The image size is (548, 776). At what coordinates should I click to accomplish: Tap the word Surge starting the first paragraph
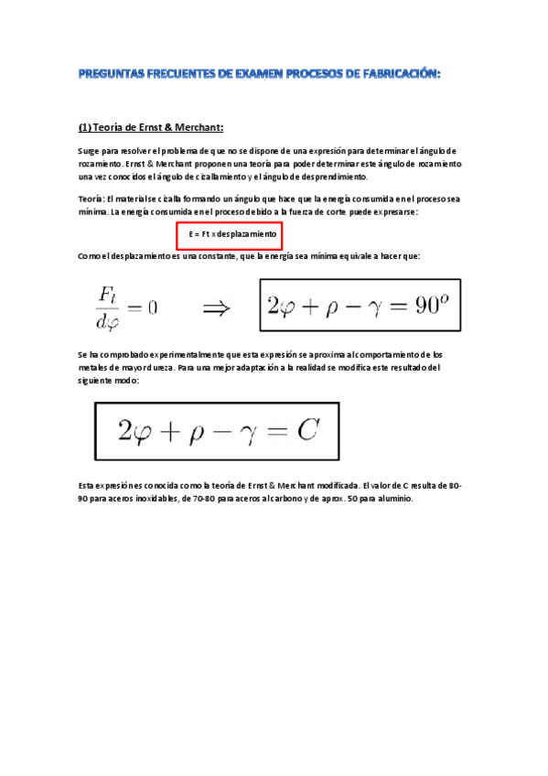(90, 150)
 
